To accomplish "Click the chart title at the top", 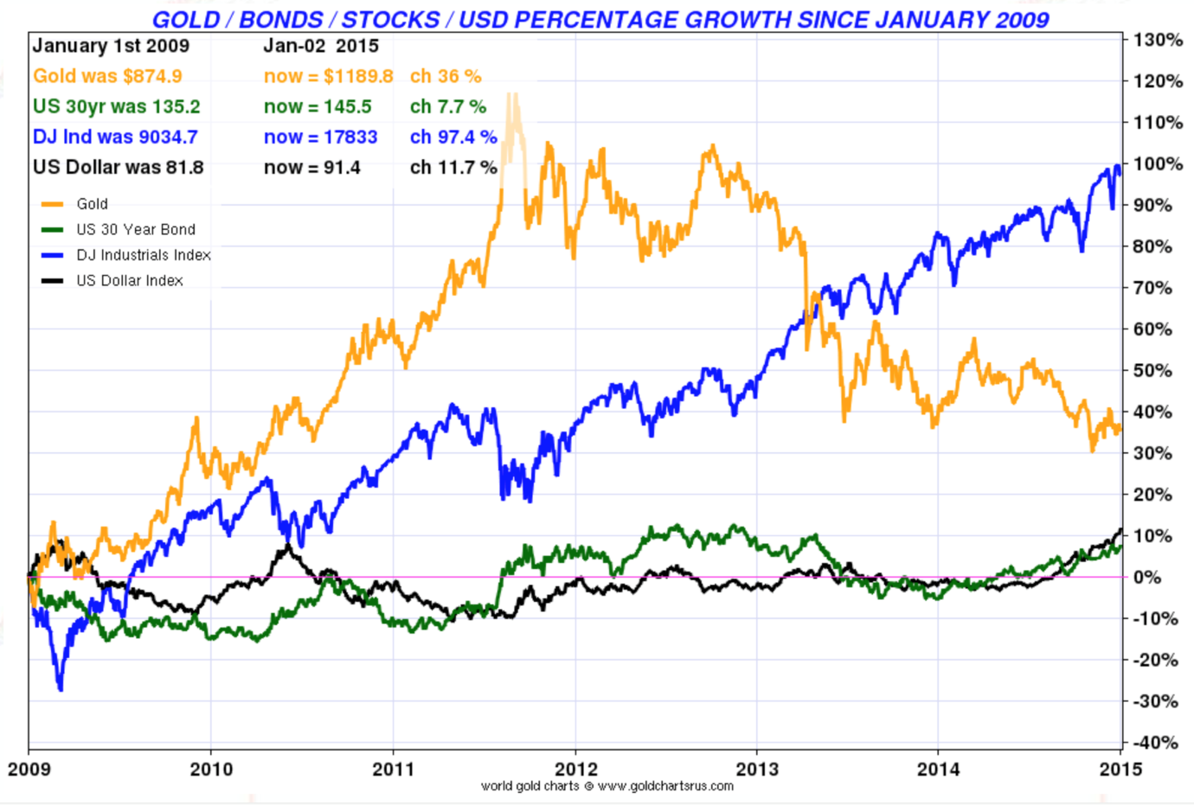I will [x=600, y=19].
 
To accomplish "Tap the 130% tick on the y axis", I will [x=1158, y=40].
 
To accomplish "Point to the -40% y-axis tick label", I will [x=1155, y=742].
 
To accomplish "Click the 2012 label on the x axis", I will [x=575, y=769].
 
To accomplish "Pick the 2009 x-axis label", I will [x=29, y=769].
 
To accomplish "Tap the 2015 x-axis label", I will [x=1120, y=769].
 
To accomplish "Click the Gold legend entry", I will [x=92, y=204].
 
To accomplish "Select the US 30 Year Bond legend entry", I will [x=135, y=229].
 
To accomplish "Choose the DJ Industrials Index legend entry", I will [x=143, y=255].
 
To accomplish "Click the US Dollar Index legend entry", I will [x=129, y=280].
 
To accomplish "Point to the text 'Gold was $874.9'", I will [x=107, y=76].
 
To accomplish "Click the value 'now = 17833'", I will [x=320, y=137].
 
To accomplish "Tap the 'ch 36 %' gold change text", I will [x=446, y=76].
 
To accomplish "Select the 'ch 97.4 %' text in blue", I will [x=453, y=137].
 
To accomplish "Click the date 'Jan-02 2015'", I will [x=321, y=46].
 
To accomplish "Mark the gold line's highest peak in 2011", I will [x=512, y=95].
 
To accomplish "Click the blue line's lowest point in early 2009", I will [x=60, y=688].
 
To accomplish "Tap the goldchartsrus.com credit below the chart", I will [x=607, y=786].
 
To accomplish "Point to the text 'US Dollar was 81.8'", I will [x=118, y=167].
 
